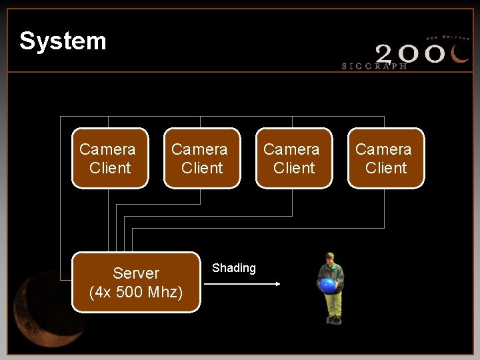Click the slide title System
(63, 41)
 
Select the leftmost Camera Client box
(110, 158)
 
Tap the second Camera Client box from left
(202, 158)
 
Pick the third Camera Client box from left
(294, 158)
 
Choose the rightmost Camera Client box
(386, 158)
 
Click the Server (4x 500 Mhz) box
(136, 282)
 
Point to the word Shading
(233, 268)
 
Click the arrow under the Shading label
(241, 285)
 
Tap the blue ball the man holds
(327, 286)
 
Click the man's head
(329, 257)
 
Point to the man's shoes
(334, 320)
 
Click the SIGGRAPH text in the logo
(374, 66)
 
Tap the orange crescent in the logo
(459, 53)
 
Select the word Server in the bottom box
(136, 273)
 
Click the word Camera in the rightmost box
(383, 149)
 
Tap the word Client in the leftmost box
(110, 167)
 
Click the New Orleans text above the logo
(447, 37)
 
